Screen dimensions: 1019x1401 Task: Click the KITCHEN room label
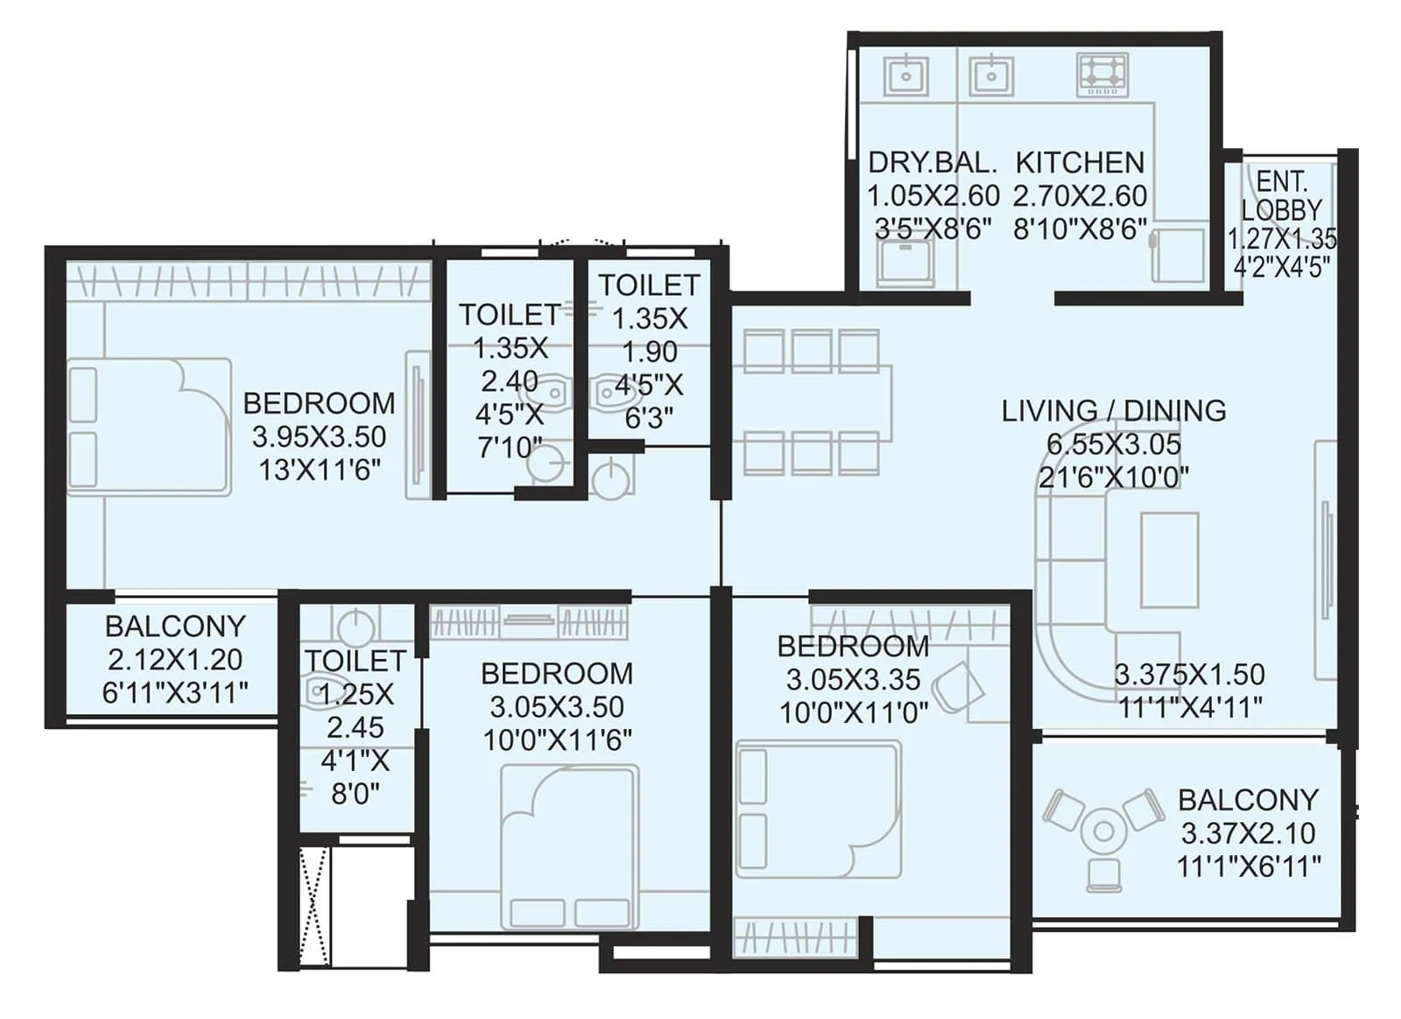click(1080, 163)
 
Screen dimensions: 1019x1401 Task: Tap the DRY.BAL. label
click(933, 163)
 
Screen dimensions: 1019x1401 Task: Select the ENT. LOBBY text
click(1281, 196)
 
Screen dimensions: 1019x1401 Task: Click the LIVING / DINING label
click(1113, 411)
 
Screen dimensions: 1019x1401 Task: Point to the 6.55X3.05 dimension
click(1113, 444)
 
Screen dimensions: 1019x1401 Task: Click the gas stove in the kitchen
click(1102, 74)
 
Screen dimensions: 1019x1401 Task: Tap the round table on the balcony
click(1103, 831)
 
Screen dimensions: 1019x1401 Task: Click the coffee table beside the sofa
click(1169, 560)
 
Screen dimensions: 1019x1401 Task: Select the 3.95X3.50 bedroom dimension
click(319, 436)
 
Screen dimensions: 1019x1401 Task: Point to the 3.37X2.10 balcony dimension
click(1248, 833)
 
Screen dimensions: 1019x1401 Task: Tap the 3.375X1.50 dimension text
click(1189, 675)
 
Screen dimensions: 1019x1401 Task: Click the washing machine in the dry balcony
click(905, 262)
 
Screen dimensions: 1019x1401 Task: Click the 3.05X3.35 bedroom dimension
click(853, 680)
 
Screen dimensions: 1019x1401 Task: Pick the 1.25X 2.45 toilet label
click(356, 711)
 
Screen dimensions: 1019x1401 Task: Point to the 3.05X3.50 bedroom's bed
click(569, 846)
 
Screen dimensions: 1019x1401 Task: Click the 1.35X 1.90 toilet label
click(649, 336)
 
